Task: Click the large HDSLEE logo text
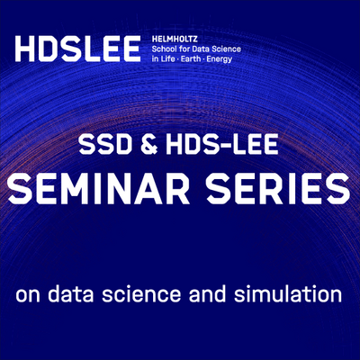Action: (x=77, y=49)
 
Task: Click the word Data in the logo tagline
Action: (x=197, y=49)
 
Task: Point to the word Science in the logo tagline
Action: (x=224, y=49)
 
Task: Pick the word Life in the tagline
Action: (x=167, y=58)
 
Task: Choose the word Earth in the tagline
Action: (x=191, y=58)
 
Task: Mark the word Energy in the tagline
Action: (x=220, y=59)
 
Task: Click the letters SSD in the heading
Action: (x=105, y=145)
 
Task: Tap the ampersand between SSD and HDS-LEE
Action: (x=149, y=145)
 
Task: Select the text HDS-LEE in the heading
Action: (x=222, y=145)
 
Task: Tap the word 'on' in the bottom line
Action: (x=29, y=296)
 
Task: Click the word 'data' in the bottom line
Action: (x=72, y=293)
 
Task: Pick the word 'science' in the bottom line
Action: (x=141, y=293)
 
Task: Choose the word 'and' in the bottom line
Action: (x=207, y=293)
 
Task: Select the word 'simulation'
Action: (x=288, y=293)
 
